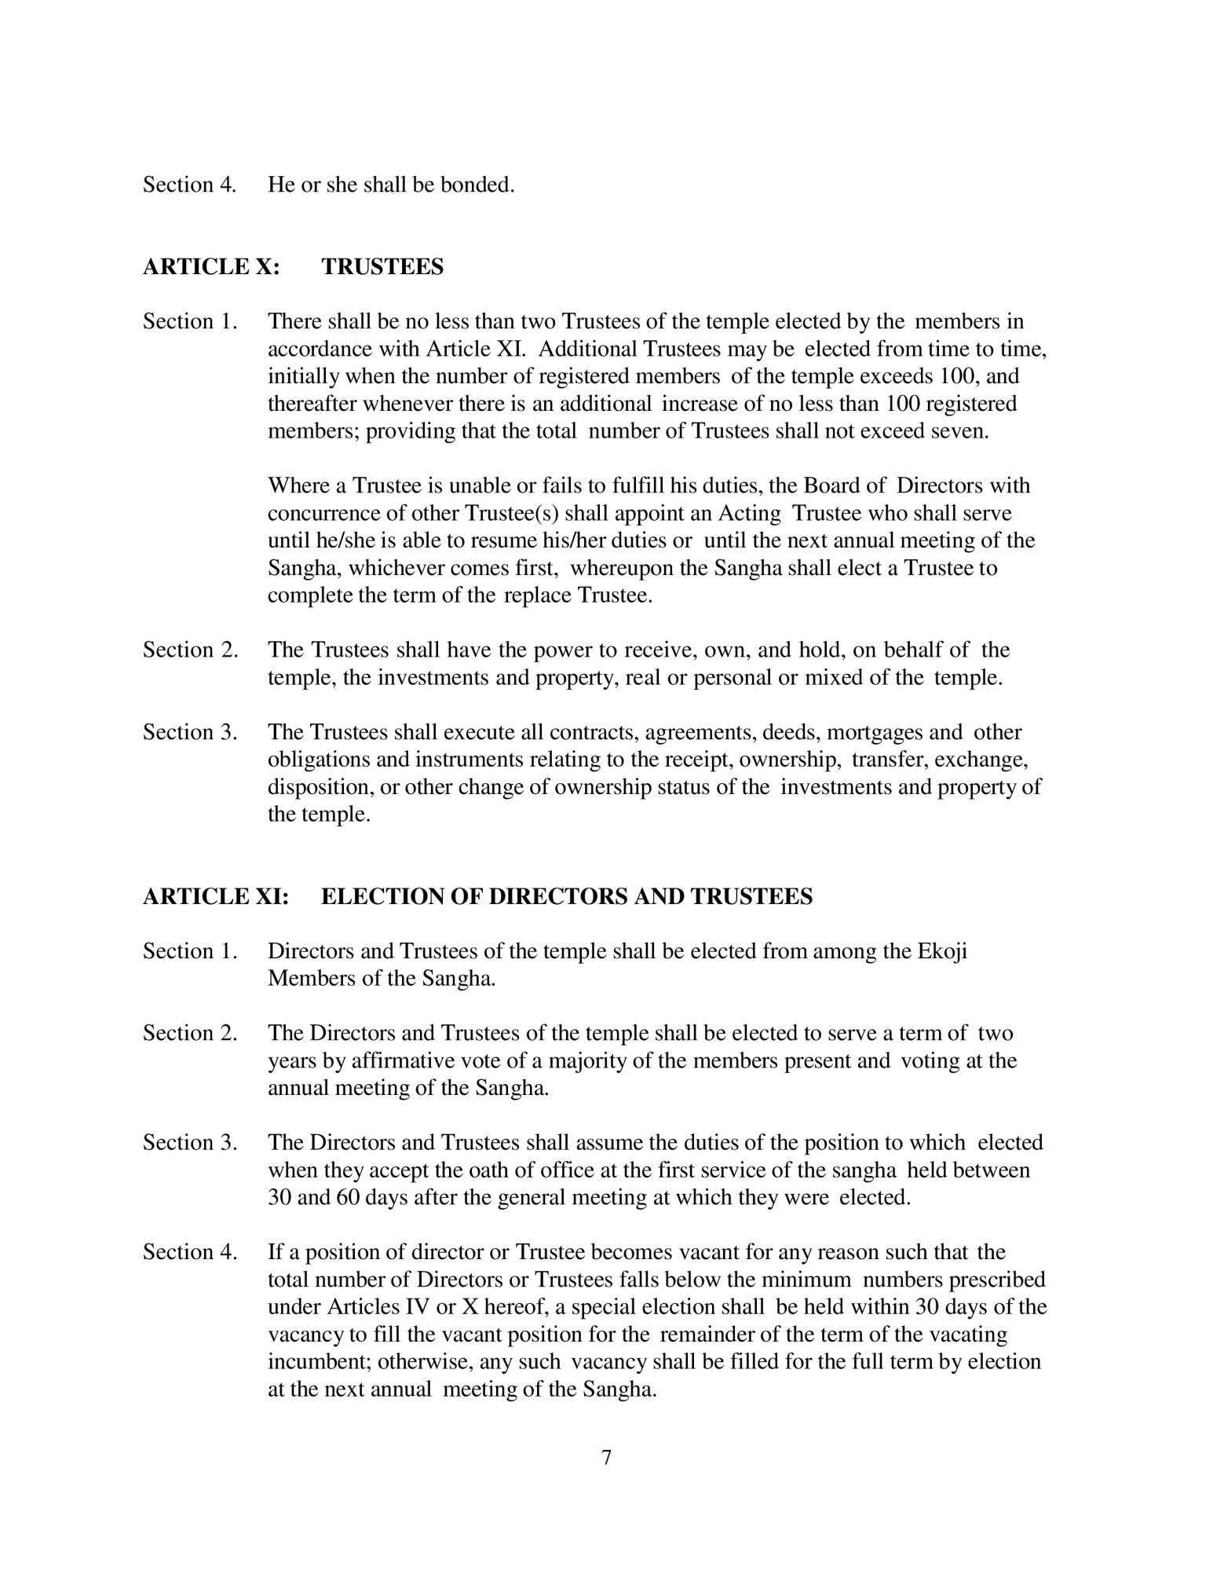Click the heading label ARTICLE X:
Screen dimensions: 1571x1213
(210, 267)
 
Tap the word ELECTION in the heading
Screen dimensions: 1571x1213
(374, 896)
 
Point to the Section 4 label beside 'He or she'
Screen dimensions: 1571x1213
(190, 185)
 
